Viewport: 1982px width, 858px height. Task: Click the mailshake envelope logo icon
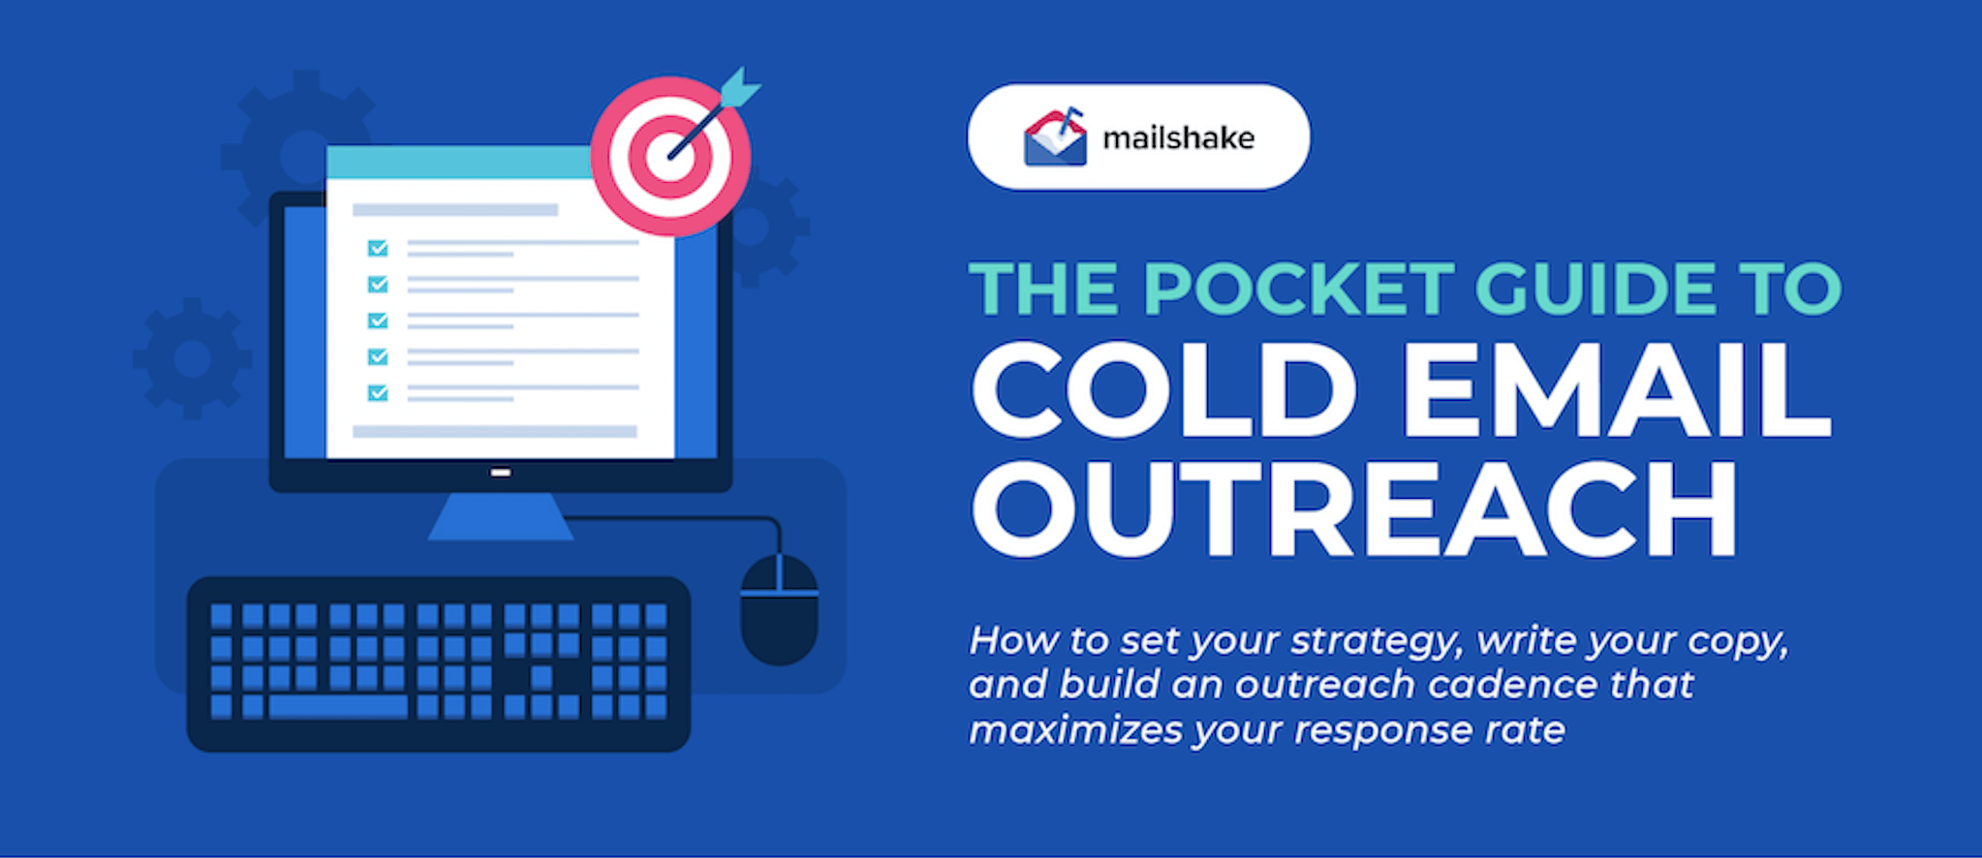pos(1055,138)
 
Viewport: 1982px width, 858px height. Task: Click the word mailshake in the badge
pos(1178,138)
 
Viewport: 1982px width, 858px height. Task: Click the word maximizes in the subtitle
pos(1074,730)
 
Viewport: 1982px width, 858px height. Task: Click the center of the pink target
pos(669,157)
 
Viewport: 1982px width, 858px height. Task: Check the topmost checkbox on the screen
pos(378,249)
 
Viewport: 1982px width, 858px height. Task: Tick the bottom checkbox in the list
pos(378,392)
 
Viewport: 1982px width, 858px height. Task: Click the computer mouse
pos(779,610)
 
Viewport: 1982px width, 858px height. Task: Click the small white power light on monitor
pos(501,473)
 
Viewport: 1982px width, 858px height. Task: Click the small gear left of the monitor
pos(192,359)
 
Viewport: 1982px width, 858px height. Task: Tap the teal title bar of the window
pos(455,163)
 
